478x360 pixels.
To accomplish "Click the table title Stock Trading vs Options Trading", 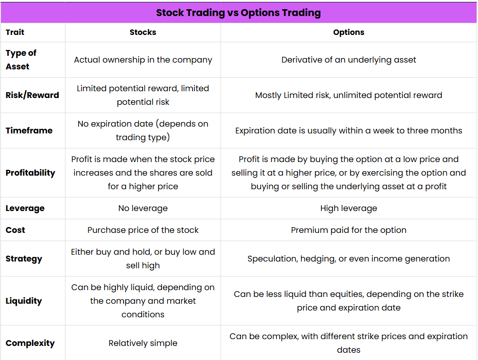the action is pyautogui.click(x=239, y=13).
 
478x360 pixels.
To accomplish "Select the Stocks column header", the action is pyautogui.click(x=143, y=33).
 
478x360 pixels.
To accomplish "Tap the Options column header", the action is pyautogui.click(x=349, y=33).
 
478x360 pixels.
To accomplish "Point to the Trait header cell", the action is pyautogui.click(x=15, y=33).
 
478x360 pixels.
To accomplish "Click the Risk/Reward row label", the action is pyautogui.click(x=32, y=95).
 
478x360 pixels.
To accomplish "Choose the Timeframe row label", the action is pyautogui.click(x=29, y=131).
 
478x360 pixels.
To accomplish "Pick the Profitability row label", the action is pyautogui.click(x=31, y=173).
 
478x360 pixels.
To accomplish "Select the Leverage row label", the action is pyautogui.click(x=25, y=208).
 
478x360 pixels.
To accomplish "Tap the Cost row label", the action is pyautogui.click(x=15, y=230).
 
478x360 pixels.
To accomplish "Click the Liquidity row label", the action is pyautogui.click(x=24, y=301).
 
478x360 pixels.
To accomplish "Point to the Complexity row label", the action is pyautogui.click(x=30, y=343).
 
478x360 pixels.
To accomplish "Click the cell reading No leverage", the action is pyautogui.click(x=143, y=208).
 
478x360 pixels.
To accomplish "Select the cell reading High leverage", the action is pyautogui.click(x=349, y=208).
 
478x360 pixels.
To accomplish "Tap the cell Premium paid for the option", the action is pyautogui.click(x=349, y=230).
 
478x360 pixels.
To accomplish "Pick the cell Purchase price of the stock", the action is pyautogui.click(x=143, y=230).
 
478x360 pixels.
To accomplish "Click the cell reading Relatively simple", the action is pyautogui.click(x=143, y=343).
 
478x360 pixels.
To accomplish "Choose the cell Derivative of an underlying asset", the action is pyautogui.click(x=349, y=60).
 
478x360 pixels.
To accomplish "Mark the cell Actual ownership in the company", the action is pyautogui.click(x=143, y=60).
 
